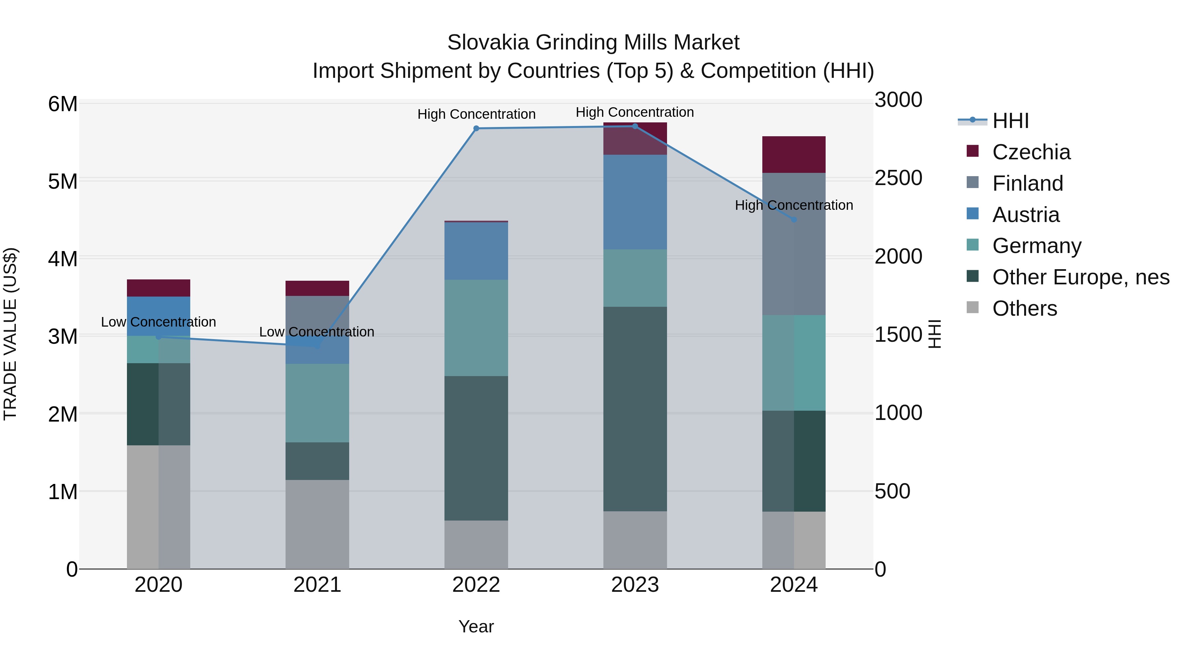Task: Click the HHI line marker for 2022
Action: click(x=476, y=129)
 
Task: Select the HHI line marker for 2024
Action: click(x=794, y=220)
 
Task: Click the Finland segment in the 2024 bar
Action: click(x=794, y=258)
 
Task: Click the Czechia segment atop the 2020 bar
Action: click(x=159, y=288)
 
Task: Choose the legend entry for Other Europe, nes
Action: click(x=1080, y=277)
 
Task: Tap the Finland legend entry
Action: click(x=1027, y=183)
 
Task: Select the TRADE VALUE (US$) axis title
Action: click(x=10, y=334)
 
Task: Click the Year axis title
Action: click(x=476, y=626)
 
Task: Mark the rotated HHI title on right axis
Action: click(x=934, y=334)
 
